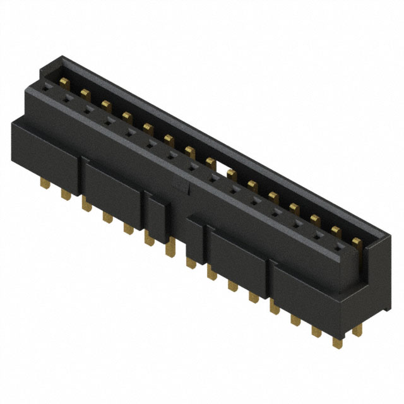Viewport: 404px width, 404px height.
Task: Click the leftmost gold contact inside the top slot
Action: coord(65,83)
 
